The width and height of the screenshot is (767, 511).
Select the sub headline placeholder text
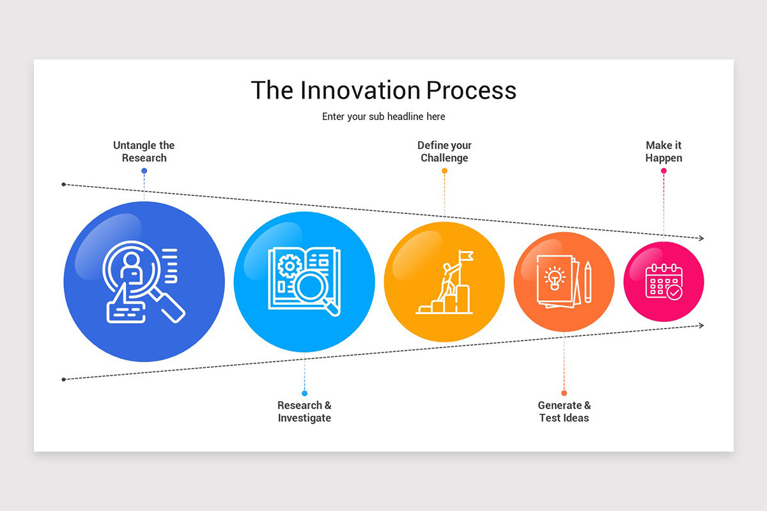383,116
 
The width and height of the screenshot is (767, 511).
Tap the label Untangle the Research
144,151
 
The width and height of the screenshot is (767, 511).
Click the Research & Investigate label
304,411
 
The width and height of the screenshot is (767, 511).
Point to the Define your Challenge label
444,151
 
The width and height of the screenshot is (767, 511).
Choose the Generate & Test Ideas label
564,411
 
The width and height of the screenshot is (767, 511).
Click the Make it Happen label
663,151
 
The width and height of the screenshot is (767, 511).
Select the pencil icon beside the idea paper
587,282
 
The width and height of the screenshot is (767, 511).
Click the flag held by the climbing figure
466,256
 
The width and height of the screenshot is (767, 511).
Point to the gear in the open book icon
290,266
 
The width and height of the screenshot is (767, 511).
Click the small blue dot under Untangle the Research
144,171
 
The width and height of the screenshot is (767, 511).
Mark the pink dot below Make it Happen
663,171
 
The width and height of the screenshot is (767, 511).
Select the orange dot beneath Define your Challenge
444,171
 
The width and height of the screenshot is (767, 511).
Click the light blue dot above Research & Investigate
304,393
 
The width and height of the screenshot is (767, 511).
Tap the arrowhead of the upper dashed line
701,238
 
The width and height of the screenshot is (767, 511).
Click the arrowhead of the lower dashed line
701,325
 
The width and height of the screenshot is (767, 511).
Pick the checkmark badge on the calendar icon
674,293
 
